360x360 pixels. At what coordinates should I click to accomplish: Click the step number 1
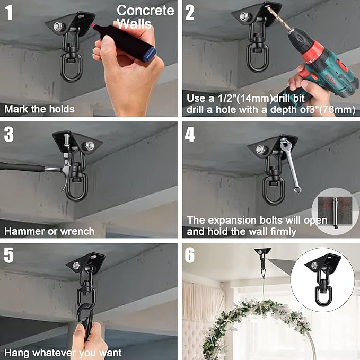pos(9,12)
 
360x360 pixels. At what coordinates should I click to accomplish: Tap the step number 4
pos(190,135)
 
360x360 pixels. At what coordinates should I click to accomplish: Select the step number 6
pos(190,256)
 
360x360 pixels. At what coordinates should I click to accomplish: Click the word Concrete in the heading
pos(145,11)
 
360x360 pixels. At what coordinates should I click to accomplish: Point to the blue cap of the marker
pos(150,54)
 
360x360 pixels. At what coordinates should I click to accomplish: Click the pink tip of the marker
pos(93,26)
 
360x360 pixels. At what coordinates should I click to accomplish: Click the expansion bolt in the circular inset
pos(336,213)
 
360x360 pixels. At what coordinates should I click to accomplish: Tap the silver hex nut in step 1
pos(58,27)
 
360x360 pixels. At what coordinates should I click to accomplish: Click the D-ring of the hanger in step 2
pos(257,57)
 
